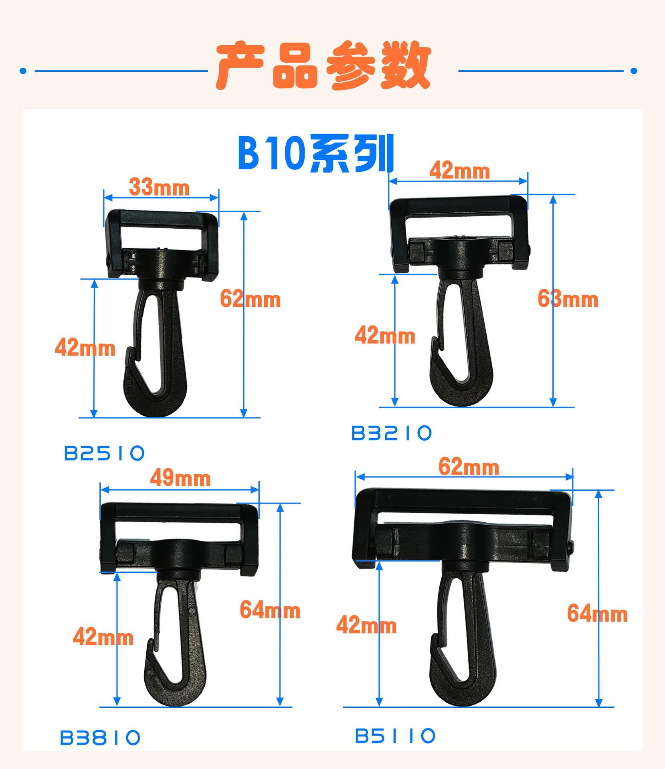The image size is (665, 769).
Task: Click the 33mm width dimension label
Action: tap(159, 187)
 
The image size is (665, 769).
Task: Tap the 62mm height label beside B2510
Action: tap(251, 299)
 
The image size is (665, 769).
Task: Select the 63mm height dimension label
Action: tap(568, 299)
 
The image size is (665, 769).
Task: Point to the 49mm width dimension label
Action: tap(180, 478)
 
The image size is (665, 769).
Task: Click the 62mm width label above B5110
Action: tap(469, 467)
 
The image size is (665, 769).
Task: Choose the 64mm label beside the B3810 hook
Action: tap(270, 610)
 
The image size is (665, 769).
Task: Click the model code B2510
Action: tap(104, 453)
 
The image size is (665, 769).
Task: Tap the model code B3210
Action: tap(392, 433)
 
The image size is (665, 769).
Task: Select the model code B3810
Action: tap(100, 738)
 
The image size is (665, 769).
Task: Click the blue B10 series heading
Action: tap(316, 153)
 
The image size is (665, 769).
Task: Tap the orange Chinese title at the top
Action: tap(323, 65)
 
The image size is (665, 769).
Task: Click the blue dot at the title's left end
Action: tap(23, 71)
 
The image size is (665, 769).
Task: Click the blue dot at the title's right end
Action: tap(634, 71)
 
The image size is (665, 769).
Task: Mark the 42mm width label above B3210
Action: tap(460, 171)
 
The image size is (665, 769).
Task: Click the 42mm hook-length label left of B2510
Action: tap(85, 347)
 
